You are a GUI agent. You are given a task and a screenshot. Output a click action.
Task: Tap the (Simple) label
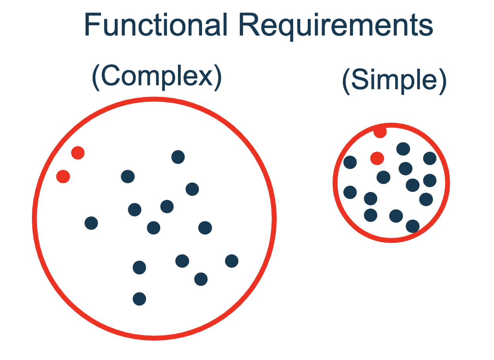394,81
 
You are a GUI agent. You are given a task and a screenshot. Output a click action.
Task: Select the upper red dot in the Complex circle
78,153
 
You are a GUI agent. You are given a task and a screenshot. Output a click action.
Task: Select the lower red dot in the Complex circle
63,176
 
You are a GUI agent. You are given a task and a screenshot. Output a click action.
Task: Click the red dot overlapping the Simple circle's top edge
380,132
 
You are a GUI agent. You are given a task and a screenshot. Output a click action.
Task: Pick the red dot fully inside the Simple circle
377,158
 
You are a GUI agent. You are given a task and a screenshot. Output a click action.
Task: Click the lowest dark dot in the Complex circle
139,299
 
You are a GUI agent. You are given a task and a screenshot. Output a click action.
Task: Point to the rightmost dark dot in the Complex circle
232,261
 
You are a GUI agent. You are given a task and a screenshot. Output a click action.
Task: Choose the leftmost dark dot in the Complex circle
91,223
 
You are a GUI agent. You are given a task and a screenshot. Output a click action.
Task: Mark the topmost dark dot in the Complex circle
178,157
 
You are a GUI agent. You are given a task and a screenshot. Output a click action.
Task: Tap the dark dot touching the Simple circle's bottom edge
412,226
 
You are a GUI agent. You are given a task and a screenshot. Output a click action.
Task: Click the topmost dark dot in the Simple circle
403,149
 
